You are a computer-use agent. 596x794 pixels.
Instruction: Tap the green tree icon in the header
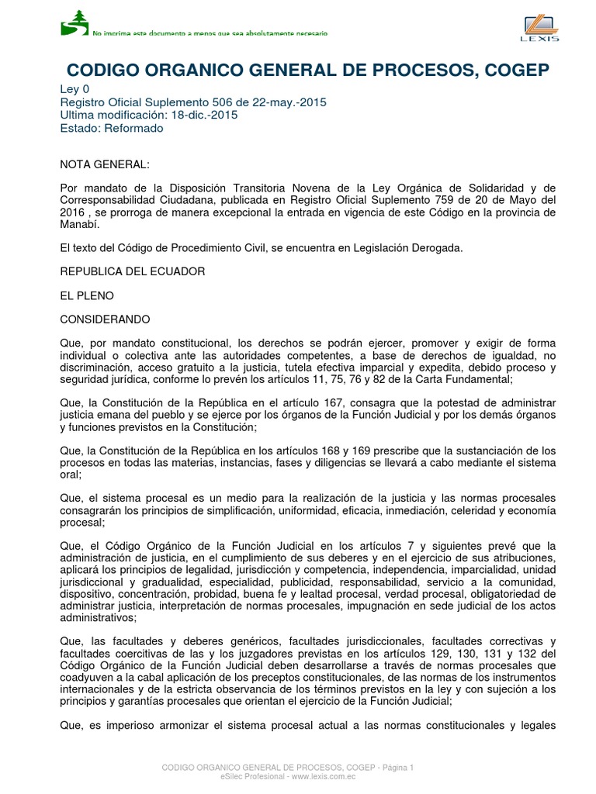click(x=75, y=22)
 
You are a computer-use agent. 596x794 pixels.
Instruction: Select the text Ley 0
click(x=74, y=89)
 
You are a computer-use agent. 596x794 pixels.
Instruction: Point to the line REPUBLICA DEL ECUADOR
click(x=133, y=271)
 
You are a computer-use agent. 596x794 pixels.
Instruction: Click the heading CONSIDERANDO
click(x=105, y=319)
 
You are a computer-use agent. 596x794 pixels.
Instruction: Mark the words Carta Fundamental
click(x=471, y=379)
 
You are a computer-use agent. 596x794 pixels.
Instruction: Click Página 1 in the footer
click(x=396, y=768)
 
